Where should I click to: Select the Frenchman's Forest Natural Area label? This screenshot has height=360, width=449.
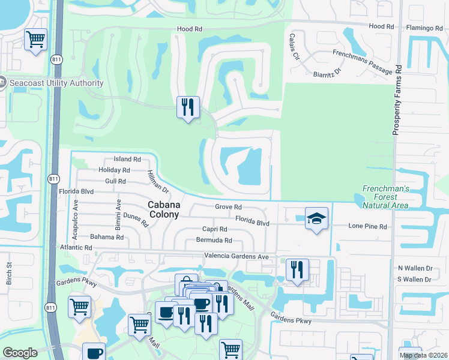coord(385,197)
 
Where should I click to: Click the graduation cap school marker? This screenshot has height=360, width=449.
coord(316,219)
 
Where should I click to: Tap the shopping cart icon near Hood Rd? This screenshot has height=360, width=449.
coord(35,40)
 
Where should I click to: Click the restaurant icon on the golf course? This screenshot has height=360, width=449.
coord(188,107)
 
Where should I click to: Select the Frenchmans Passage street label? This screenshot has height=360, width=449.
coord(362,53)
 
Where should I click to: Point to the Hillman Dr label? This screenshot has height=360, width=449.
coord(158,181)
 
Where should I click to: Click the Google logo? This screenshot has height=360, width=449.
coord(20,353)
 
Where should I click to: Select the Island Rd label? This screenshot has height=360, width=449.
coord(127,160)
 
